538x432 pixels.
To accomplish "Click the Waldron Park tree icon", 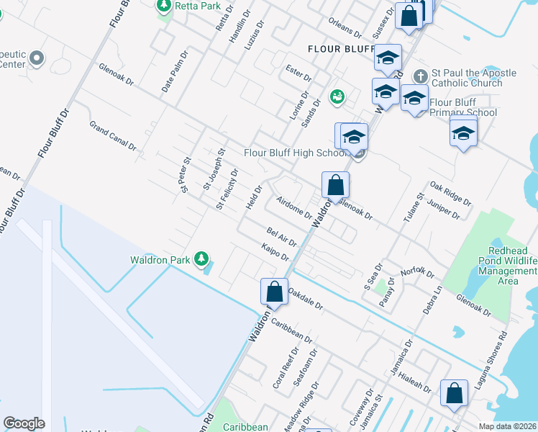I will pyautogui.click(x=202, y=258).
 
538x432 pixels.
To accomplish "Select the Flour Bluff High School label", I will pyautogui.click(x=295, y=153).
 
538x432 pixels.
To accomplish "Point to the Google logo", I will pyautogui.click(x=24, y=423).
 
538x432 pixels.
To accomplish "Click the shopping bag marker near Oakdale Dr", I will pyautogui.click(x=274, y=292).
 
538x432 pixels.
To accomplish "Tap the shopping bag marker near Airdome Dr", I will pyautogui.click(x=335, y=186).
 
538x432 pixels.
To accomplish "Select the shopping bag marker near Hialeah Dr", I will pyautogui.click(x=455, y=394).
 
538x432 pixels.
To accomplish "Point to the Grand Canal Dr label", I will pyautogui.click(x=113, y=135).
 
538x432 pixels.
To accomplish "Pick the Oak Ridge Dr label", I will pyautogui.click(x=450, y=192).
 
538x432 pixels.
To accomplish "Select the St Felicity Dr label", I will pyautogui.click(x=227, y=189).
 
